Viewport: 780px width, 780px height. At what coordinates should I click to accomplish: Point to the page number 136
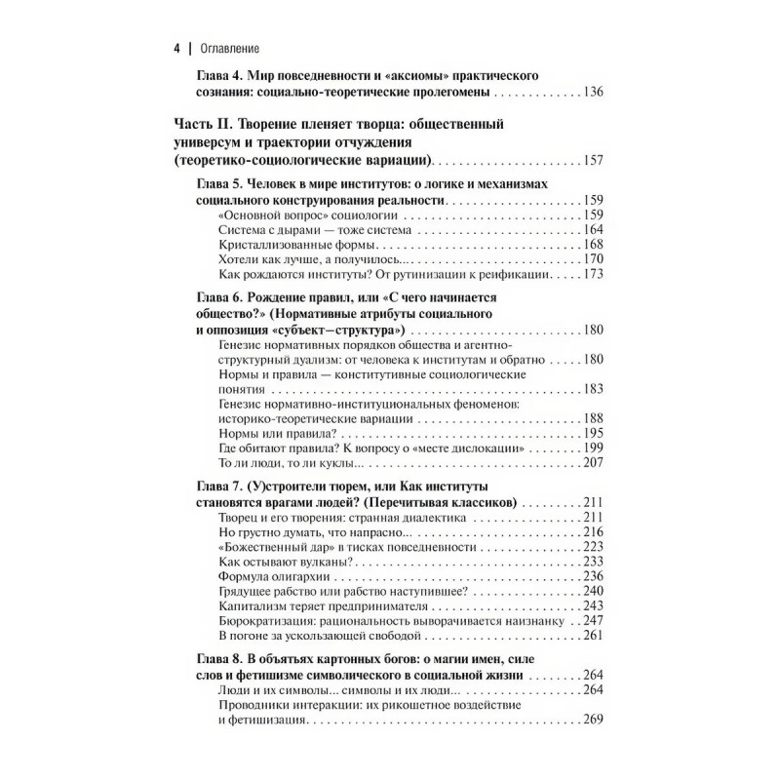click(592, 93)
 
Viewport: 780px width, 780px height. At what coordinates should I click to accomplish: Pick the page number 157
click(592, 161)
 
